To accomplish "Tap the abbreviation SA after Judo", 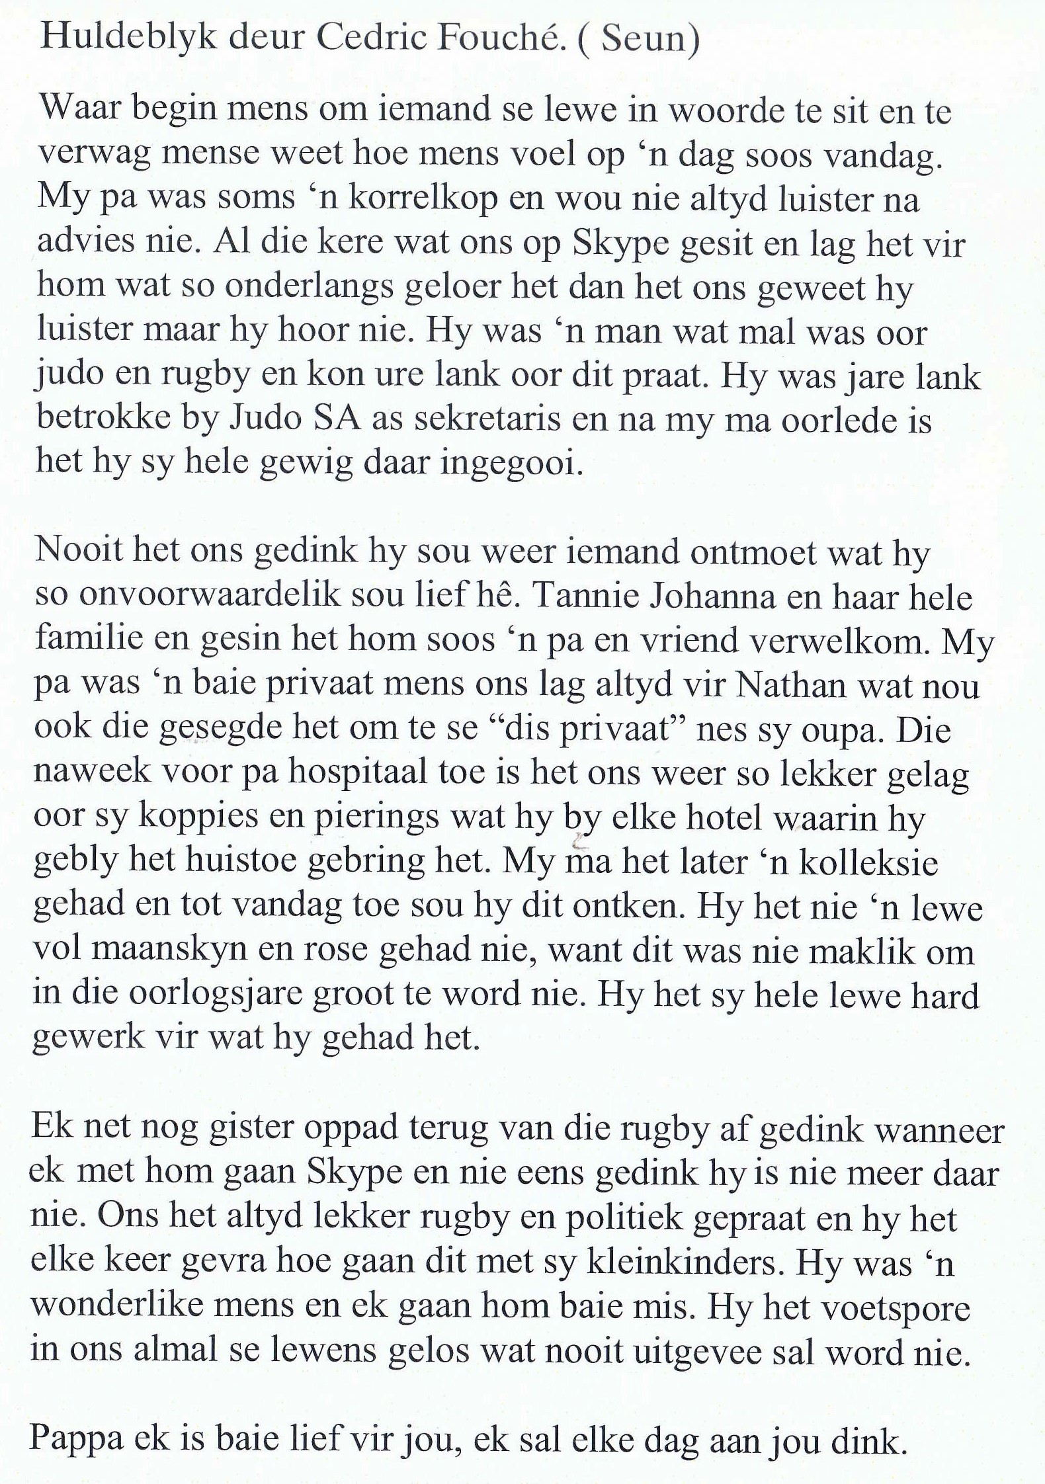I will [334, 419].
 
